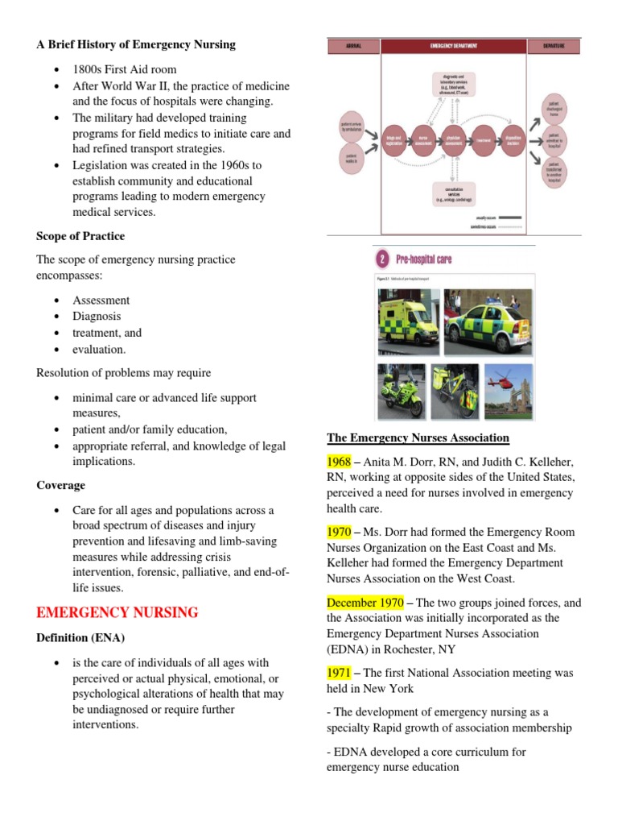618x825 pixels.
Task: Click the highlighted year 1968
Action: pos(339,462)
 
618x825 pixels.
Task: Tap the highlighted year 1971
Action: pos(339,673)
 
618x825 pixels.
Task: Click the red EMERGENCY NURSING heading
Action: pos(117,612)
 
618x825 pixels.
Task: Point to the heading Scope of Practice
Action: pos(80,236)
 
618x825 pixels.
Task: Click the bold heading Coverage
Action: pos(60,486)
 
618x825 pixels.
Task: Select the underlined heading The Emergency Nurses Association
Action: pos(418,437)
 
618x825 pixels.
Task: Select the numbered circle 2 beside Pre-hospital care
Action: pos(382,259)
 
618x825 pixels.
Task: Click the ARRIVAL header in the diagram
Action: pos(353,47)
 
